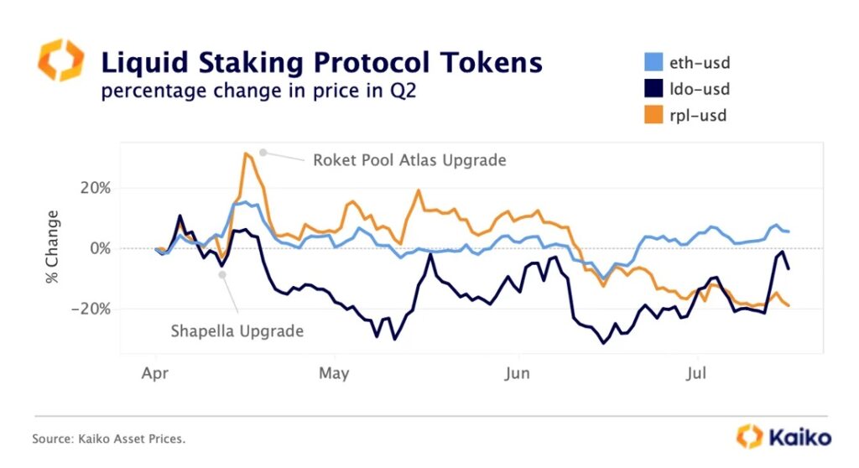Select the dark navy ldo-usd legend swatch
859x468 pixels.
[x=649, y=88]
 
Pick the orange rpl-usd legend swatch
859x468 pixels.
[x=649, y=116]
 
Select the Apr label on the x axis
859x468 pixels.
[x=156, y=372]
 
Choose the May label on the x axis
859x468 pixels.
[x=334, y=372]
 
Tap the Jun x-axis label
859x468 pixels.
[x=517, y=372]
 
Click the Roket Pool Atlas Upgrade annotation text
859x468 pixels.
[x=409, y=159]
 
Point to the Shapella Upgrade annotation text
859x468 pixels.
[x=237, y=331]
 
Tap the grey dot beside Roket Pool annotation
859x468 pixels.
[x=263, y=152]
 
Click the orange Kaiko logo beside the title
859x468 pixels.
[x=60, y=60]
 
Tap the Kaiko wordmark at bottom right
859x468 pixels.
[x=797, y=437]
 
